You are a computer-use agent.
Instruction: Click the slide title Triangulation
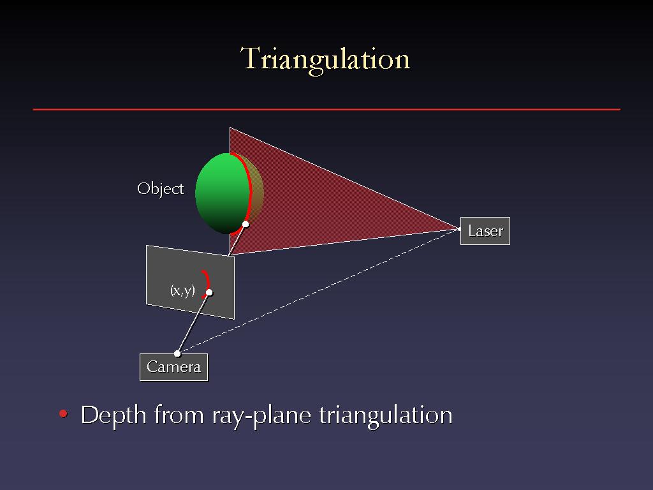325,59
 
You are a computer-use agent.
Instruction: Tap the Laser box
485,231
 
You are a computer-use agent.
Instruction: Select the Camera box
173,367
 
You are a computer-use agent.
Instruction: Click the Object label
160,189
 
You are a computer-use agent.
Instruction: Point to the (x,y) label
182,290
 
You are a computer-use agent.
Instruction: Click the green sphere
223,193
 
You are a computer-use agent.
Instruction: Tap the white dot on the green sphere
246,224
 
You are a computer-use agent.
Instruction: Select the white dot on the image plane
209,292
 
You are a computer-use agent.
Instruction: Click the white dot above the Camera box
177,353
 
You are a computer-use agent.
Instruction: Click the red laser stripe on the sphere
249,188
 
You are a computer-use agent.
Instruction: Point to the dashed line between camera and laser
319,291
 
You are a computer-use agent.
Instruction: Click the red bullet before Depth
63,413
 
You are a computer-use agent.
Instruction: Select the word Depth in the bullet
114,415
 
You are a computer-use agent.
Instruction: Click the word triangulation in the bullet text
386,415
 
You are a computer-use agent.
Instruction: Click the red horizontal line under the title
326,110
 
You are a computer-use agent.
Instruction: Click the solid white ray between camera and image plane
193,323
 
